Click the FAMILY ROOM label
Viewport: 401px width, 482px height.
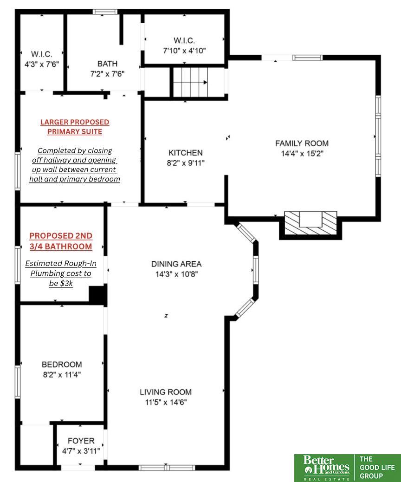click(x=302, y=143)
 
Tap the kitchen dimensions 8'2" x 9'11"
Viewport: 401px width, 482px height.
click(x=186, y=163)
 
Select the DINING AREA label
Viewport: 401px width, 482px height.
click(x=176, y=264)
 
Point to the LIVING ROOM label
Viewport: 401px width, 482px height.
click(x=166, y=392)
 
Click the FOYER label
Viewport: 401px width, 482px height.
click(x=81, y=441)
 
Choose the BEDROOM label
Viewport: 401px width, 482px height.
click(x=62, y=364)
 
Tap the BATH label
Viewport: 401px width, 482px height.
click(x=107, y=64)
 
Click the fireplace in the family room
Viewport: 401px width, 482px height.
click(x=310, y=223)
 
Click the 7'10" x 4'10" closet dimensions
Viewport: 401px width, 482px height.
click(x=184, y=51)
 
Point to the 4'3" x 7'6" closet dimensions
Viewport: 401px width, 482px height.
click(x=41, y=64)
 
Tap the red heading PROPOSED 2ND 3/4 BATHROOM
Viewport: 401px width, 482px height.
click(x=61, y=241)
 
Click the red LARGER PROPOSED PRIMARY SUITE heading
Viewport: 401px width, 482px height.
click(x=75, y=127)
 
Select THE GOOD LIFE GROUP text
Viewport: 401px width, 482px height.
click(x=377, y=467)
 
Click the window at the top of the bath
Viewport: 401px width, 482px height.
click(x=105, y=12)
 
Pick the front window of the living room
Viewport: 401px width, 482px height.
click(x=167, y=468)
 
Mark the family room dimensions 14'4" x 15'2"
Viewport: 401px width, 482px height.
click(x=302, y=153)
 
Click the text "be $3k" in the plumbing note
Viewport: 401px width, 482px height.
click(x=61, y=283)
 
